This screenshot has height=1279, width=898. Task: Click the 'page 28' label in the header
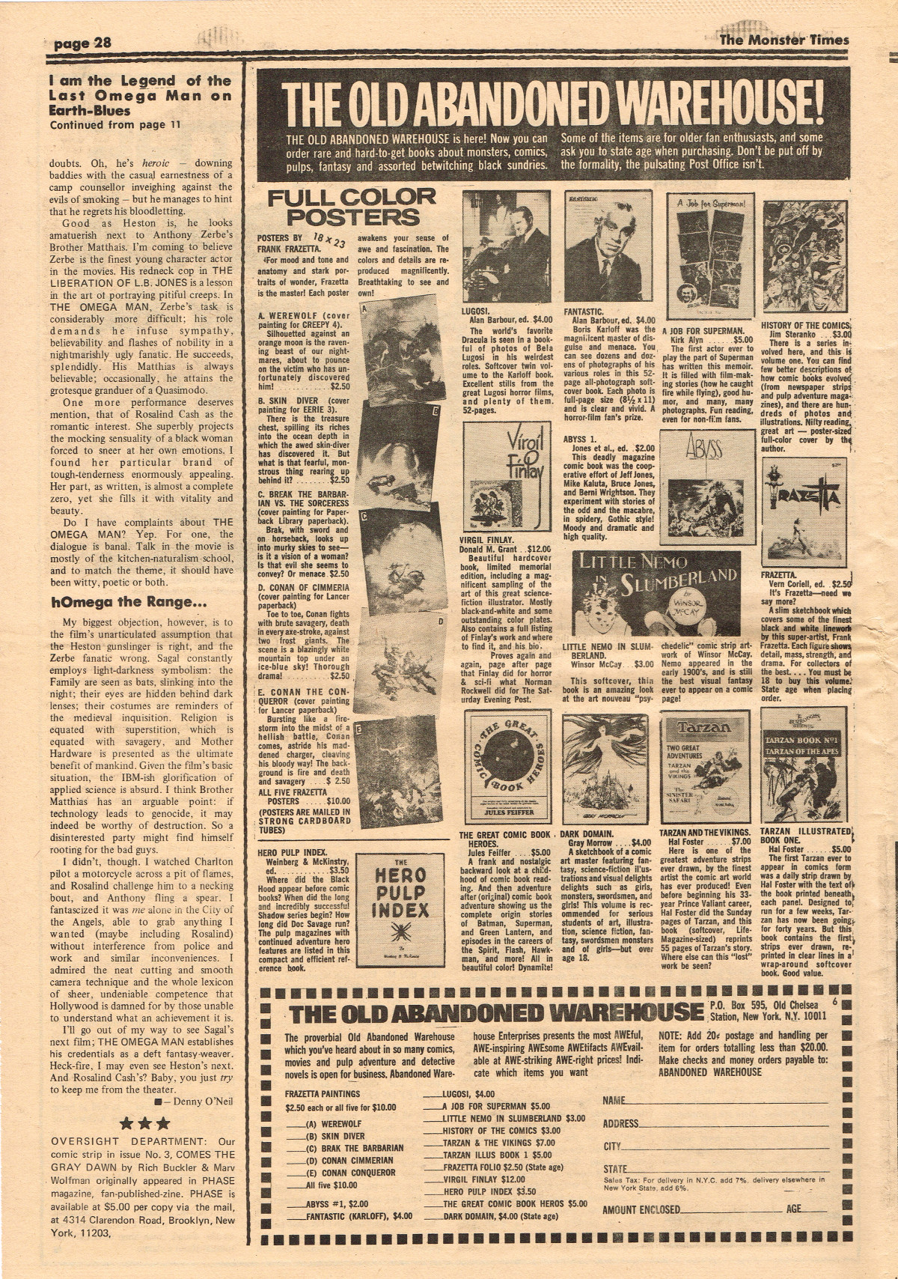pyautogui.click(x=82, y=43)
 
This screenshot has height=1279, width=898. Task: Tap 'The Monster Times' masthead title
pyautogui.click(x=784, y=40)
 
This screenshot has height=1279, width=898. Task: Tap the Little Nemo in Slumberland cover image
pyautogui.click(x=656, y=593)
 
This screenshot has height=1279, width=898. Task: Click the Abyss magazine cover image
pyautogui.click(x=706, y=487)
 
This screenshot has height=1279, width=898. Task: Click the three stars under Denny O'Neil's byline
pyautogui.click(x=145, y=1123)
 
